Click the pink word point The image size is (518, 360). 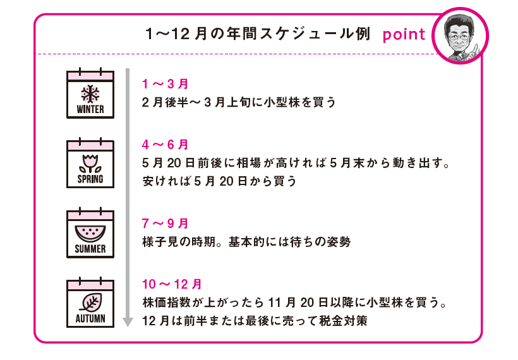click(404, 34)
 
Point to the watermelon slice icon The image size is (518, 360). click(90, 232)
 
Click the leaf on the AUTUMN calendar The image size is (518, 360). click(90, 301)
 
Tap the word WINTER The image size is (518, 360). click(90, 109)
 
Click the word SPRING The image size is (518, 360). click(90, 179)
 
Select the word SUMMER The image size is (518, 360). click(90, 249)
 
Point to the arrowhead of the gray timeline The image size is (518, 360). click(128, 322)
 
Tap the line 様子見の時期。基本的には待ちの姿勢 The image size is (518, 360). click(246, 241)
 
